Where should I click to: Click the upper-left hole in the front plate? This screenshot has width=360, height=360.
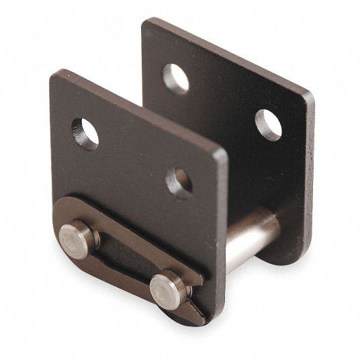85,133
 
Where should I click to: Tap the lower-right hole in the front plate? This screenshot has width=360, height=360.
179,182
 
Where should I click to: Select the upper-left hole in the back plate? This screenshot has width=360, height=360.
175,79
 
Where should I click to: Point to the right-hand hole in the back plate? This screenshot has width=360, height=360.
268,124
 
